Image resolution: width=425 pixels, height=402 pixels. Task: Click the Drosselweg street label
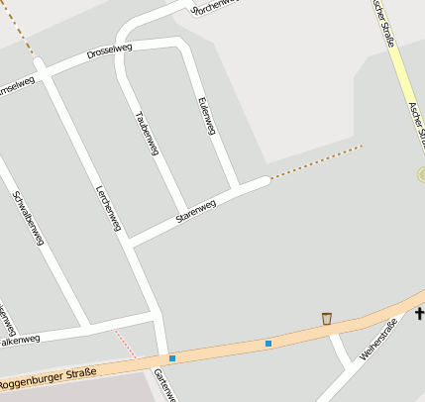coord(109,49)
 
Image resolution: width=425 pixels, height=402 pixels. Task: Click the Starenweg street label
coord(195,210)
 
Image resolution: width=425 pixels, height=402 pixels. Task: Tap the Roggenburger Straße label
coord(48,376)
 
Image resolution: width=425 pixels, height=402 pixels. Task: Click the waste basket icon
coord(327,318)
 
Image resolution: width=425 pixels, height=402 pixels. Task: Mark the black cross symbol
coord(419,314)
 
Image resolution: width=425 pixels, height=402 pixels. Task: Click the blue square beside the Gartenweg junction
coord(172,357)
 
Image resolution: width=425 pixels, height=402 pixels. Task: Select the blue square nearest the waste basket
coord(267,344)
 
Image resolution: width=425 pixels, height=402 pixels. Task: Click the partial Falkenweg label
coord(20,341)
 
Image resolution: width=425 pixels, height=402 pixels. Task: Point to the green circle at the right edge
coord(421,174)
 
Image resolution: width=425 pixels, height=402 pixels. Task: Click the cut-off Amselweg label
coord(17,85)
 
